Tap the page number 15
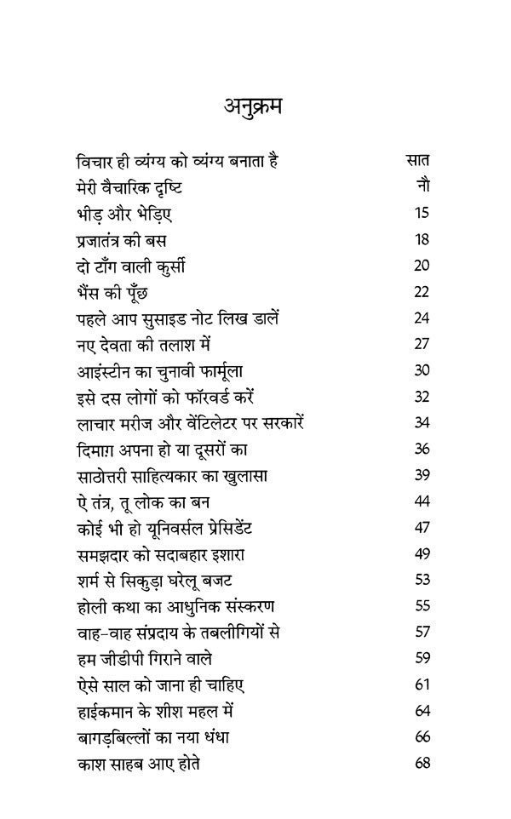(422, 213)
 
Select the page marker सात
(417, 160)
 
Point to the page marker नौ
(422, 186)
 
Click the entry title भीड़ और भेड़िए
(123, 213)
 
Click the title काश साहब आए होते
(138, 765)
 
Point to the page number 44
(422, 501)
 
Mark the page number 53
(422, 581)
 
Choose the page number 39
(422, 475)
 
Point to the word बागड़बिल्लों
(117, 738)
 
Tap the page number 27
(422, 345)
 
